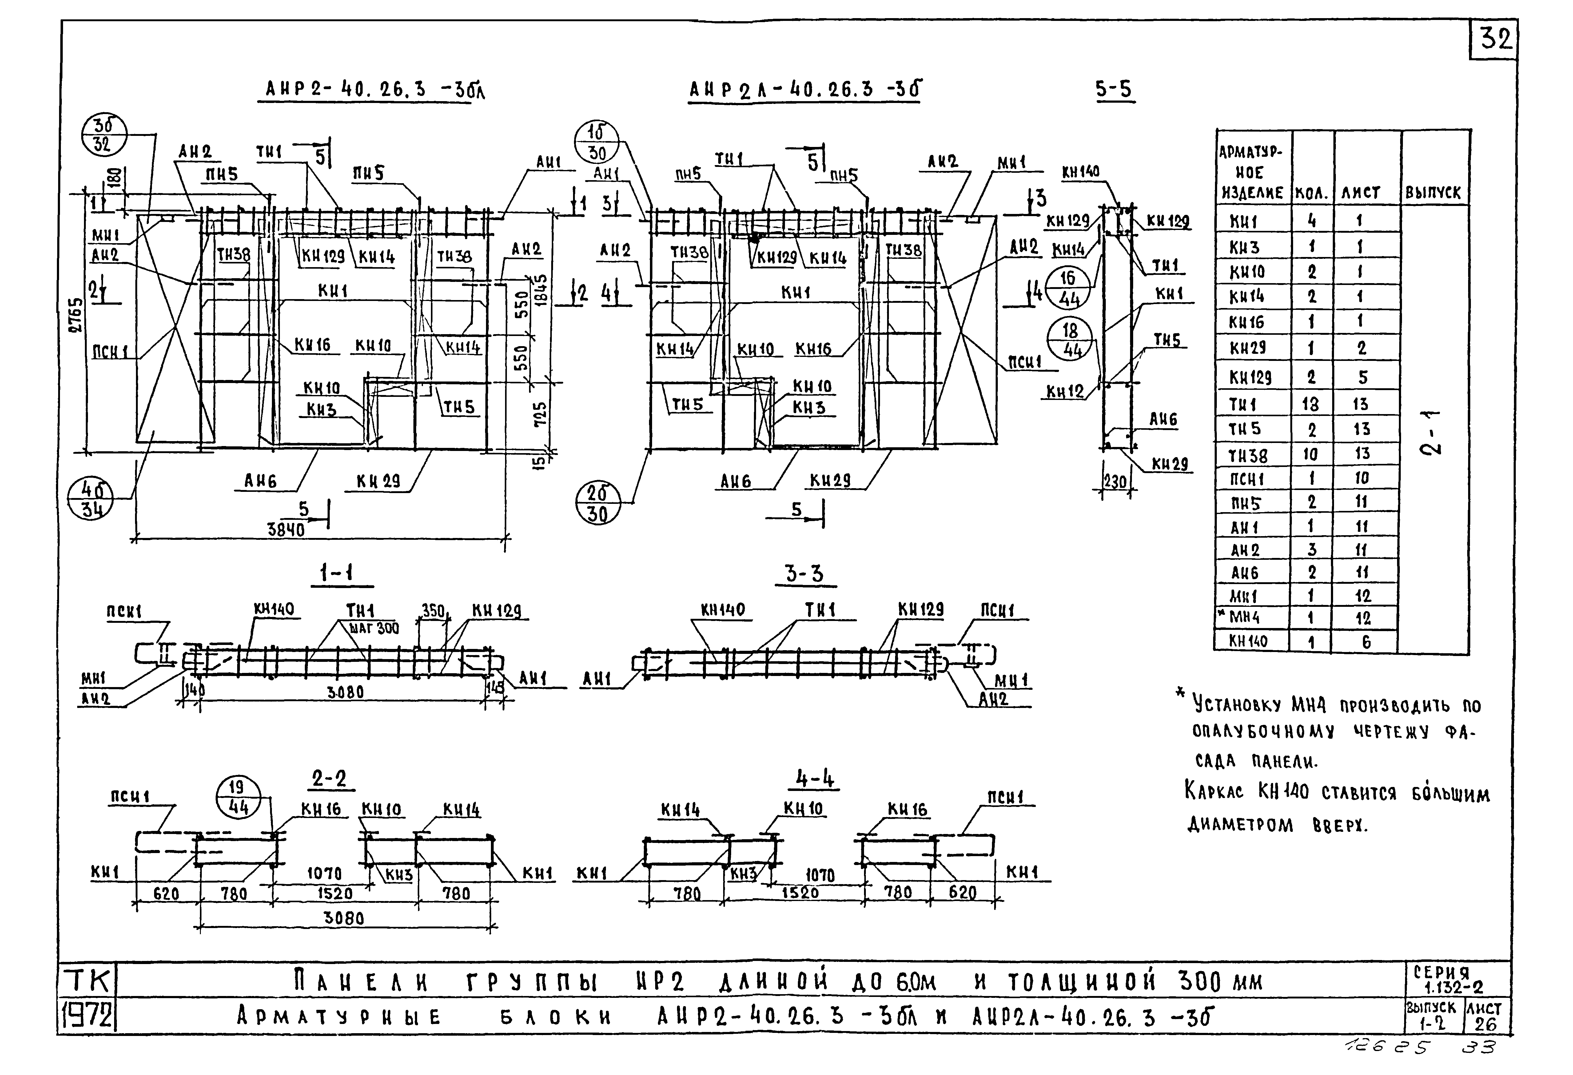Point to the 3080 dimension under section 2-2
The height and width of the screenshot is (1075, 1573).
pyautogui.click(x=344, y=918)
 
